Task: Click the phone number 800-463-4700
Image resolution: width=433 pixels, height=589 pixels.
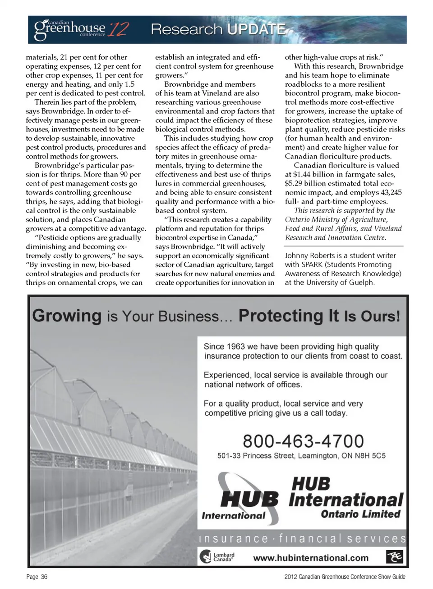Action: [303, 441]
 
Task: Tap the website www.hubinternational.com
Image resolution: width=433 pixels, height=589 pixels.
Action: [311, 558]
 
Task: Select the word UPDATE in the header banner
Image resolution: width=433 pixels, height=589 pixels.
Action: [256, 30]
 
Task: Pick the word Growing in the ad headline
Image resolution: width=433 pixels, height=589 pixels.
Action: [67, 315]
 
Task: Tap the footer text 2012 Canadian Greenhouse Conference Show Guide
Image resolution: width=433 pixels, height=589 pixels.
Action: [345, 577]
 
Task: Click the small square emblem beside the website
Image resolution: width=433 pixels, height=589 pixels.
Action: [394, 557]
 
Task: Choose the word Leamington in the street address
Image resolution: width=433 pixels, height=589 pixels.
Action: [318, 456]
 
